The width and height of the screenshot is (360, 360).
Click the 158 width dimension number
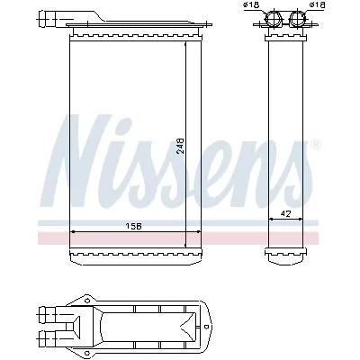click(x=134, y=224)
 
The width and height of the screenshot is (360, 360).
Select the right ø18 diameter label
click(x=316, y=5)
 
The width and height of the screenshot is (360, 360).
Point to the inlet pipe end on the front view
click(x=46, y=16)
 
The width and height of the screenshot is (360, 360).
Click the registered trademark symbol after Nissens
click(x=314, y=145)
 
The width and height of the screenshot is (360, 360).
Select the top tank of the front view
click(x=134, y=33)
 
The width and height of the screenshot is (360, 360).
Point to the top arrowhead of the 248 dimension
click(x=186, y=47)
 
